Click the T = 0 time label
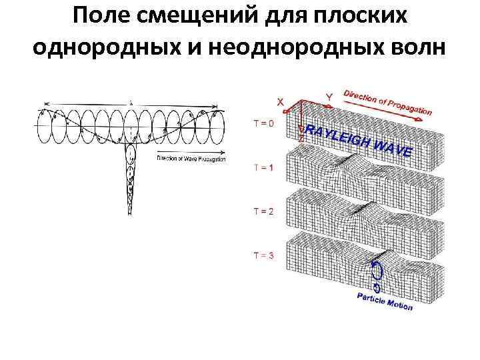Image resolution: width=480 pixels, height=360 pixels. pos(263,123)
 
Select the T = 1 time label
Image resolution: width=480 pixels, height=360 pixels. pos(263,167)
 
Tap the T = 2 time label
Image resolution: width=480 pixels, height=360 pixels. pos(263,211)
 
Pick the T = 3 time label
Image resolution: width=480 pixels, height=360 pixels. pos(263,255)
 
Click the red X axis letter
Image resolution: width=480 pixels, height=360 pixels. pos(280,101)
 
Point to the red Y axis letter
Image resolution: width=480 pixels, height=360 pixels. pos(329,98)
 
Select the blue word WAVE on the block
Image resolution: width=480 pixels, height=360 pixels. pos(394,149)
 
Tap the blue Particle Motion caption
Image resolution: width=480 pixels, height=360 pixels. pos(385,301)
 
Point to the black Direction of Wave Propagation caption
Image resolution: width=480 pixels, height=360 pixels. pos(191,159)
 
